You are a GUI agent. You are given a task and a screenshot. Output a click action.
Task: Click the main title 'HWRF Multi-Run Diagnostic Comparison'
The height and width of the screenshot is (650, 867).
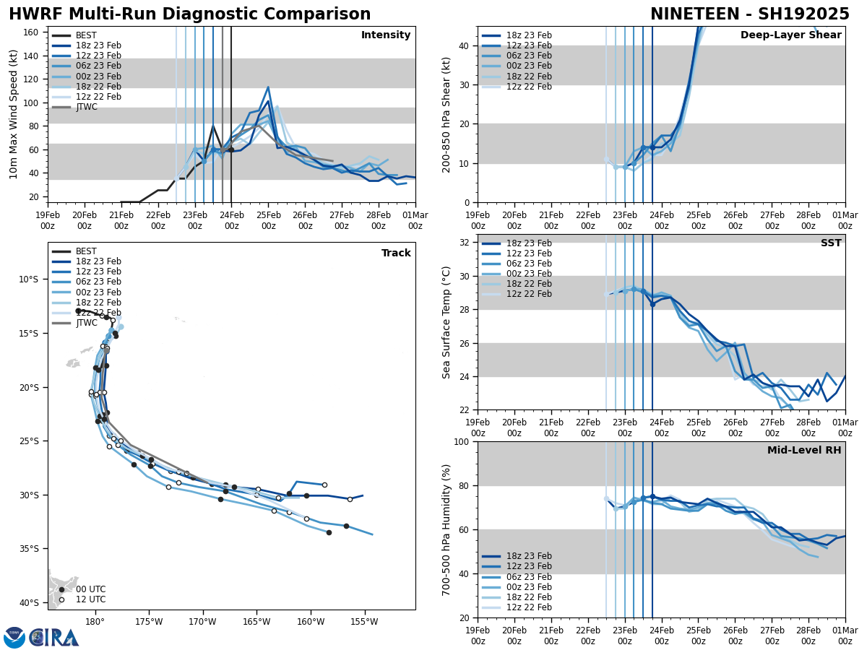[x=189, y=14]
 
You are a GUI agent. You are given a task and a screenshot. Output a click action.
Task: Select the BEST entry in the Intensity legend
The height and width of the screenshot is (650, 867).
[x=86, y=35]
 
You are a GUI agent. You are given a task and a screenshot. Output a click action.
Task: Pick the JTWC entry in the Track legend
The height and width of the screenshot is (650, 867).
[x=86, y=323]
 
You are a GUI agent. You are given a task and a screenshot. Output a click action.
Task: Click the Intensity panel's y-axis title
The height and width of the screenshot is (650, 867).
[x=14, y=114]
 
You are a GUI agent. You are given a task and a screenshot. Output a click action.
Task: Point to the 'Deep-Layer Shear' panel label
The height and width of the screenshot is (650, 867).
[x=790, y=35]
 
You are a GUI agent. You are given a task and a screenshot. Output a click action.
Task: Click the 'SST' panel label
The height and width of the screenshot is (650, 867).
[x=830, y=243]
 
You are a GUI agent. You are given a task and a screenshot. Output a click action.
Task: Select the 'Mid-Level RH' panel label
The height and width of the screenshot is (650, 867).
[x=804, y=451]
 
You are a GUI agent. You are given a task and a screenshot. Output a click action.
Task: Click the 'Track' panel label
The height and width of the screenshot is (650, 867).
[x=396, y=253]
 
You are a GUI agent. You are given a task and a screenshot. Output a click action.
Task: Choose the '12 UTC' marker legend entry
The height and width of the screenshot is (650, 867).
[x=90, y=599]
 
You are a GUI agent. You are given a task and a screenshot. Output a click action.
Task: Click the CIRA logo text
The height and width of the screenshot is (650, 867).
[x=54, y=638]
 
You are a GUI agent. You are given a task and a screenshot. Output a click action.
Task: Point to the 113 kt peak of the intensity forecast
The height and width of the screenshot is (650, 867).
[x=268, y=87]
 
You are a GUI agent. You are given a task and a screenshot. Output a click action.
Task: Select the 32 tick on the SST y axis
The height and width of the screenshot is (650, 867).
[x=465, y=243]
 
